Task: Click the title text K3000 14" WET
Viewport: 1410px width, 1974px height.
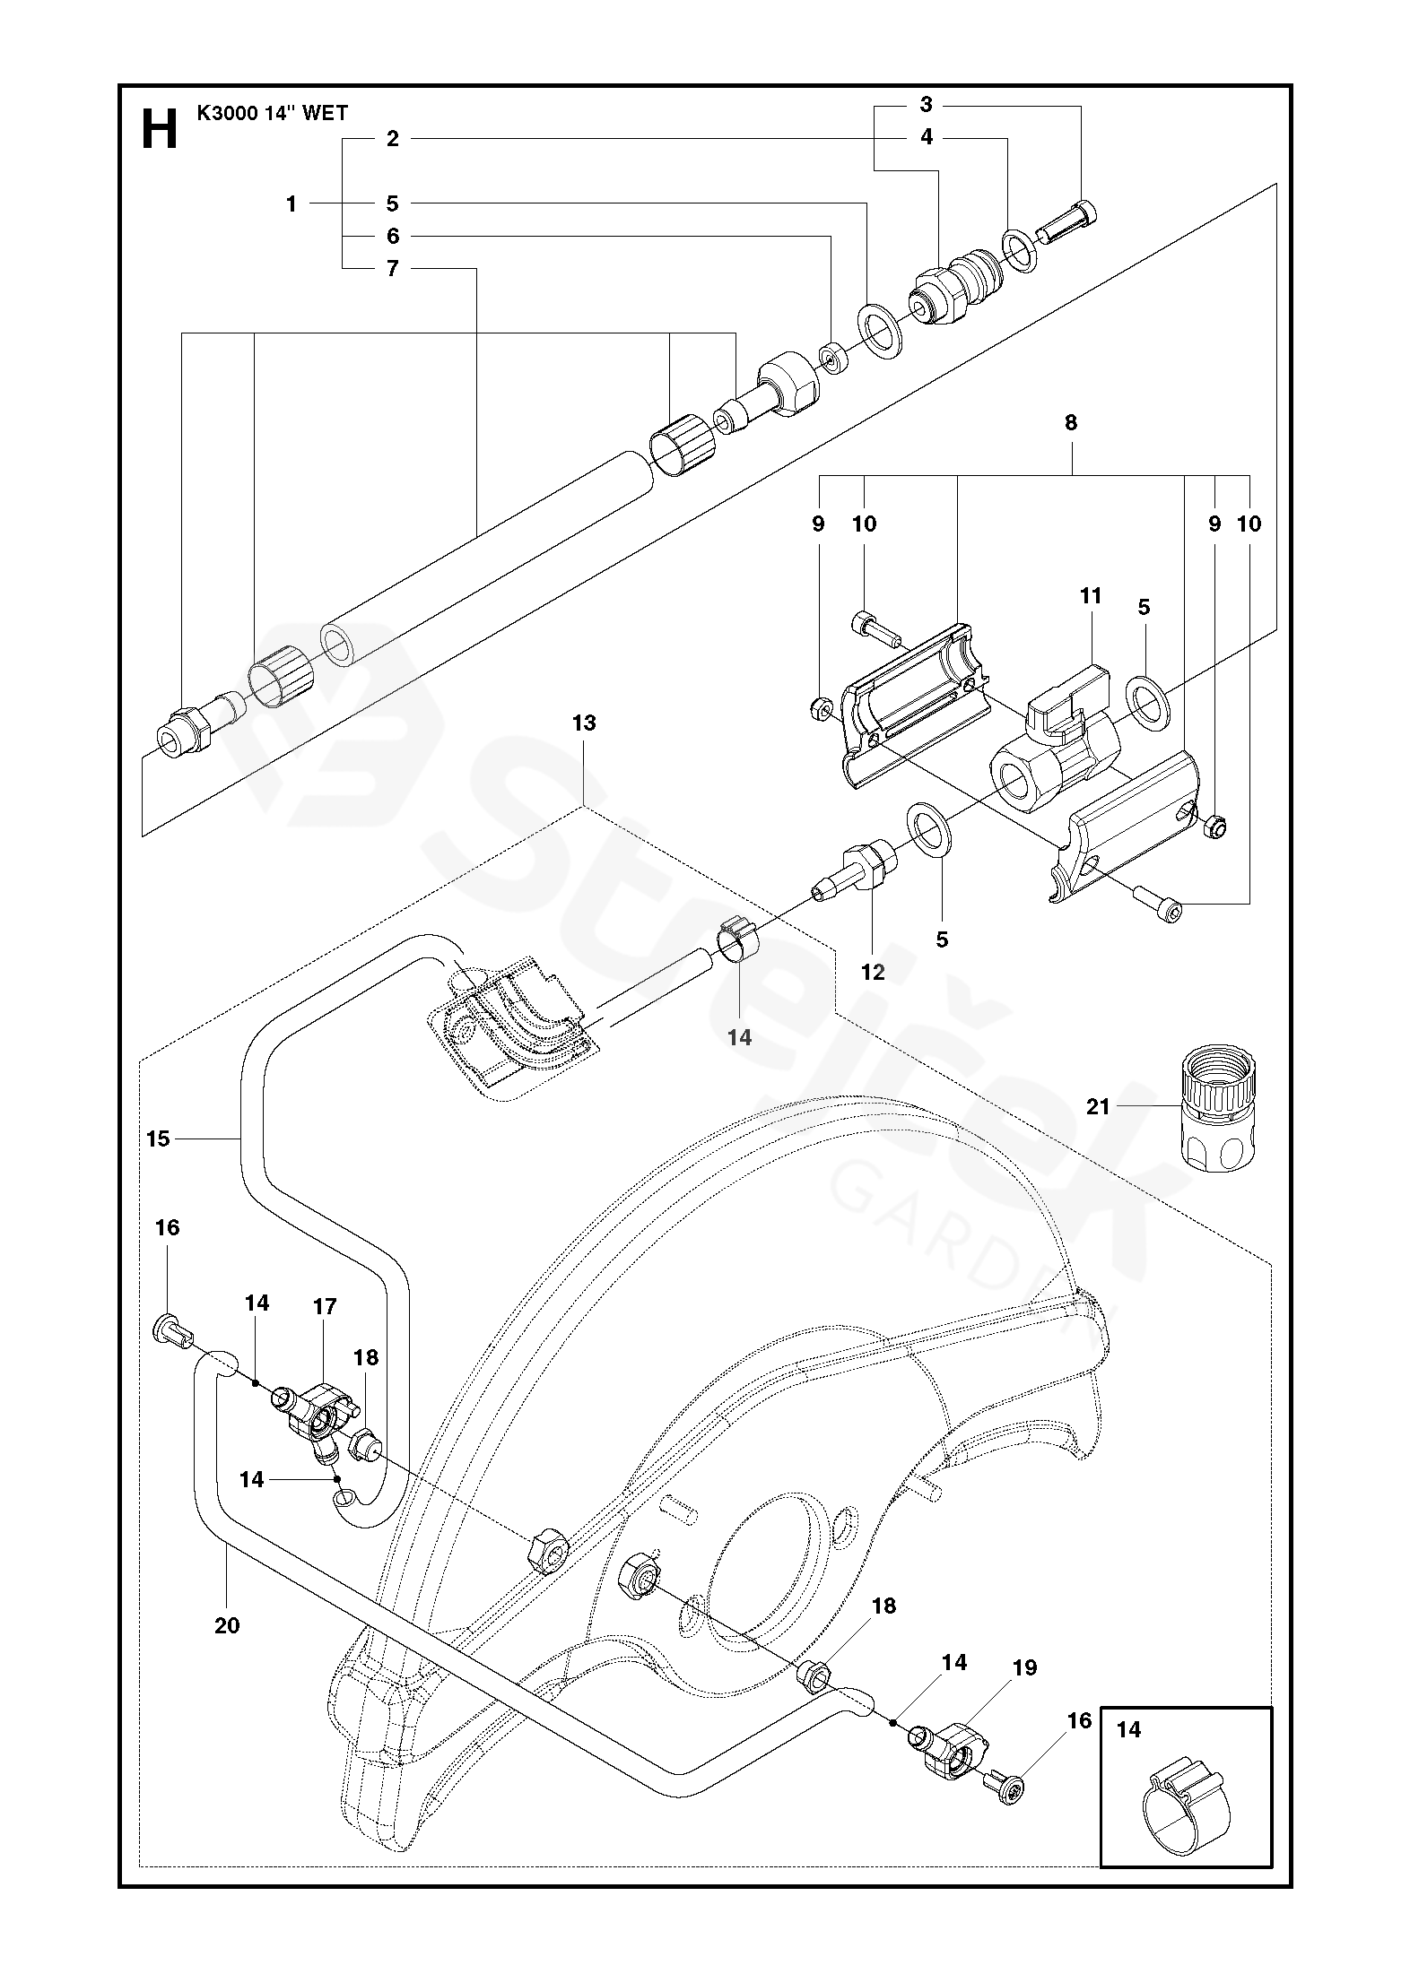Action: click(x=272, y=114)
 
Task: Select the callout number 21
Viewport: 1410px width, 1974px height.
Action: click(x=1099, y=1107)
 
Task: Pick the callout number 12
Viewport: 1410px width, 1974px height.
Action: click(x=872, y=972)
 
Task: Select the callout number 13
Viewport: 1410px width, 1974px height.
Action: click(x=584, y=723)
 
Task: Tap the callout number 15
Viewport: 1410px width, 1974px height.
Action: click(x=158, y=1139)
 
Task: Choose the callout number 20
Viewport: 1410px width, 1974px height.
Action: click(x=227, y=1624)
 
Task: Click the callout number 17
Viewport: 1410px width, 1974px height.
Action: click(x=325, y=1306)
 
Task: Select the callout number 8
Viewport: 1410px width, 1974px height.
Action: click(x=1071, y=422)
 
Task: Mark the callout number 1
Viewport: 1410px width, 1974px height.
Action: click(x=291, y=204)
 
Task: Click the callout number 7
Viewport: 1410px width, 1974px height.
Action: click(x=392, y=268)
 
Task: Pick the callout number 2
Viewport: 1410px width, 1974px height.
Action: click(x=392, y=138)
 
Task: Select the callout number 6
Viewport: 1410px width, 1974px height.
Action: click(x=392, y=236)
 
